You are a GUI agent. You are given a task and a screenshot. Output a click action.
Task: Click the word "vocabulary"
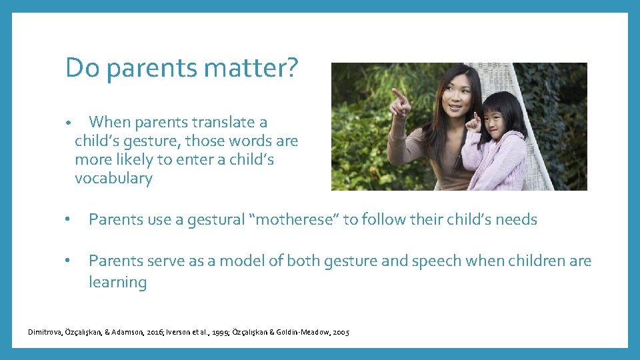click(x=113, y=179)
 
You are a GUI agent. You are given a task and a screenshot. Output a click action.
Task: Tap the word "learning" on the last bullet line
click(x=117, y=283)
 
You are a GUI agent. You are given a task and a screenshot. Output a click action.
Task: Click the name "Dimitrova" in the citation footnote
click(x=47, y=332)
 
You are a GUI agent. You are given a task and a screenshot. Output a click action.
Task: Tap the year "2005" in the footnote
click(x=340, y=332)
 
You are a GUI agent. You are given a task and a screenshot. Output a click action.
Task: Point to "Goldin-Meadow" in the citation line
click(x=301, y=332)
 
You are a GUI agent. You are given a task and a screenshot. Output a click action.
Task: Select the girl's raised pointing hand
click(x=474, y=121)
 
